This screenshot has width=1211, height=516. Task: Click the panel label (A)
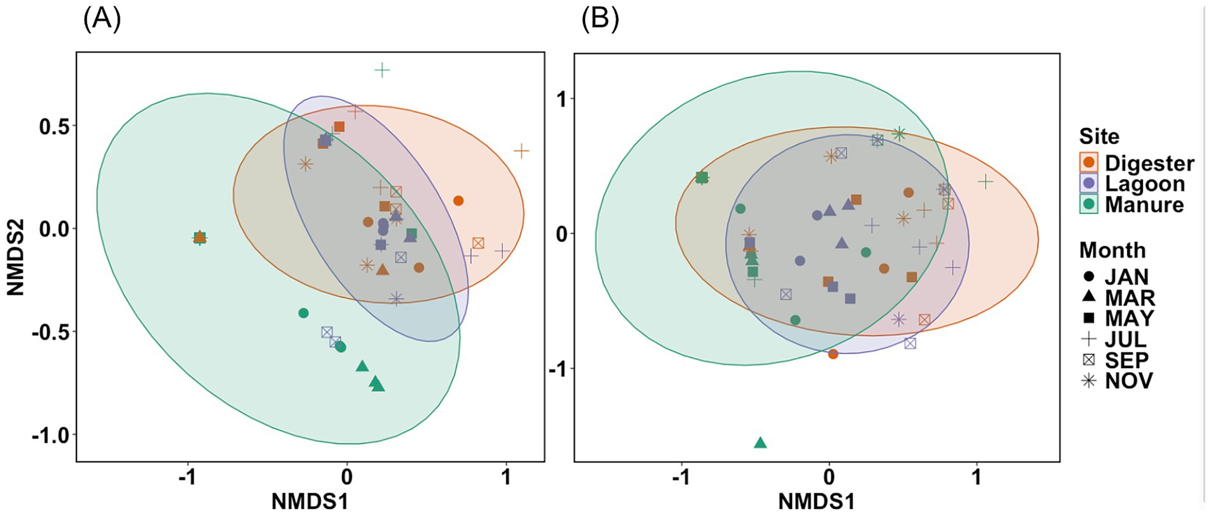pyautogui.click(x=102, y=20)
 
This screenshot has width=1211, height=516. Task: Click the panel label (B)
pyautogui.click(x=600, y=20)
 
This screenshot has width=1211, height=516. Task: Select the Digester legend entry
pyautogui.click(x=1136, y=163)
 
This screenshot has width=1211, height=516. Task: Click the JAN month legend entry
pyautogui.click(x=1114, y=277)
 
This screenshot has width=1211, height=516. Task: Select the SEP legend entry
pyautogui.click(x=1114, y=360)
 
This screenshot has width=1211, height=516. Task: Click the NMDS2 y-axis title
pyautogui.click(x=15, y=257)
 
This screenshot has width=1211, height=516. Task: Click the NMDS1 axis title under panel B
pyautogui.click(x=816, y=502)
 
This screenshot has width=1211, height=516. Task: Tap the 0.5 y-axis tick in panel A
pyautogui.click(x=54, y=126)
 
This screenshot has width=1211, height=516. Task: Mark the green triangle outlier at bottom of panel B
pyautogui.click(x=760, y=443)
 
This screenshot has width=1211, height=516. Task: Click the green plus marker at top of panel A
pyautogui.click(x=382, y=70)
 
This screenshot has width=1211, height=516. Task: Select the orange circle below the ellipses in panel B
pyautogui.click(x=833, y=354)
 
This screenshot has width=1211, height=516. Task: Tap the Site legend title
pyautogui.click(x=1099, y=136)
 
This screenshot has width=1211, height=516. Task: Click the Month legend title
pyautogui.click(x=1112, y=250)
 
